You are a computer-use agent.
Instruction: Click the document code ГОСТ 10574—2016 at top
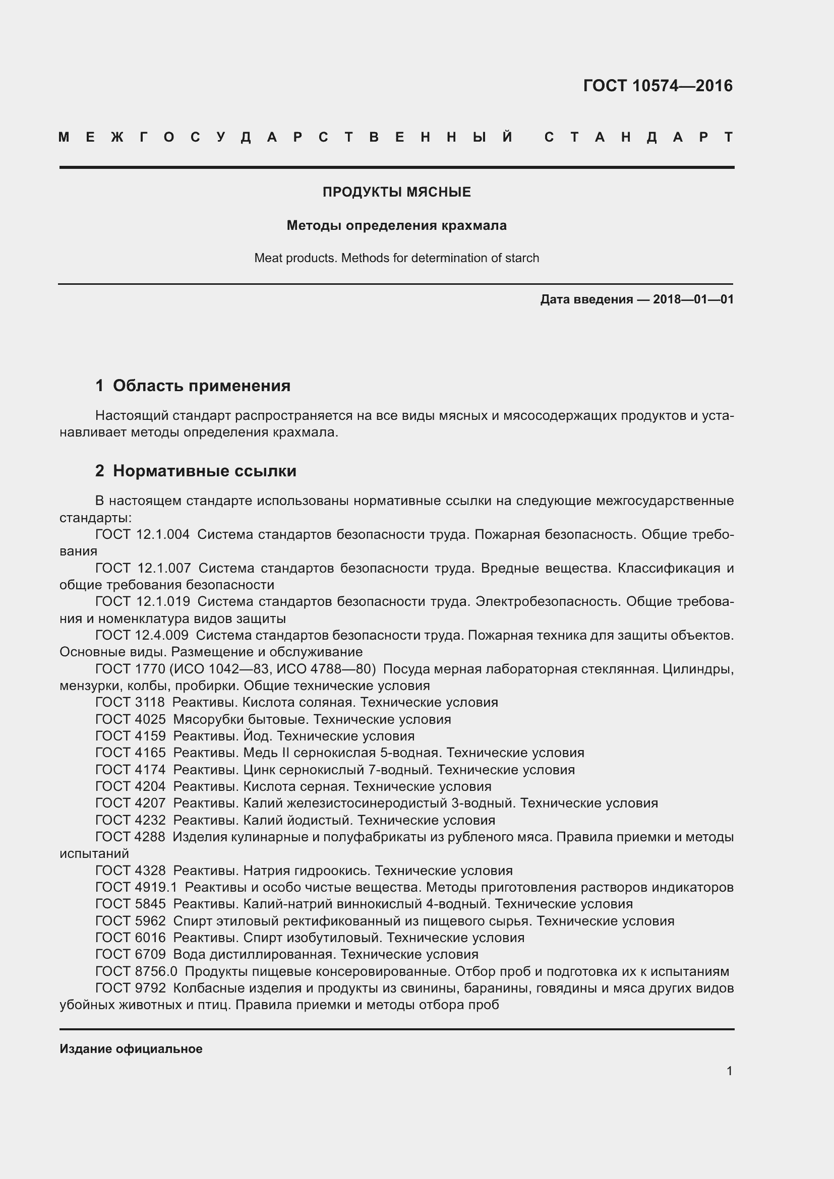coord(658,86)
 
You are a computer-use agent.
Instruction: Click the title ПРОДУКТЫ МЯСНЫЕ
coord(396,192)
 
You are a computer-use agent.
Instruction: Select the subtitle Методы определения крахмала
coord(396,225)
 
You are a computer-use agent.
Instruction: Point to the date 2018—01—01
coord(693,299)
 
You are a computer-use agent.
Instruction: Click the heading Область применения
coord(201,386)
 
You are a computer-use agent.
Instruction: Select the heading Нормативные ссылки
coord(204,471)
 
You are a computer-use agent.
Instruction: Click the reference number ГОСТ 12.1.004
coord(142,534)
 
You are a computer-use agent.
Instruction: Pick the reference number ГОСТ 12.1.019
coord(143,601)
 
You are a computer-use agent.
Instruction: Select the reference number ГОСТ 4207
coord(131,803)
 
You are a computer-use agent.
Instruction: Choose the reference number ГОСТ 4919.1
coord(136,887)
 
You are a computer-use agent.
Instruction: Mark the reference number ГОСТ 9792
coord(131,988)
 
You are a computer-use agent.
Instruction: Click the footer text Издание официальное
coord(131,1049)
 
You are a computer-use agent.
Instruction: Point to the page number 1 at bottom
coord(729,1071)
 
